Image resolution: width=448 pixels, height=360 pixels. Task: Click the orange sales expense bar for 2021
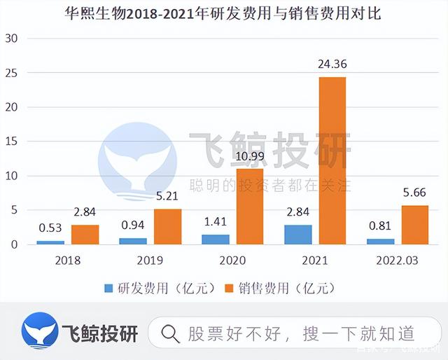(332, 160)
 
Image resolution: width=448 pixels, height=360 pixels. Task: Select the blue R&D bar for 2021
(298, 235)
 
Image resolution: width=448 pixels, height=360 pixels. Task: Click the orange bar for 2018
(85, 234)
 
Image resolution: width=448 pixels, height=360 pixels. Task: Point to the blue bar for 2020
(215, 240)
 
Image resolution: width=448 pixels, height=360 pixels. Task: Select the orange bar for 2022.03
(414, 225)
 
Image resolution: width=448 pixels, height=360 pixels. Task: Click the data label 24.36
(332, 65)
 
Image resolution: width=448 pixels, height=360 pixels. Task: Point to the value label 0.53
(50, 228)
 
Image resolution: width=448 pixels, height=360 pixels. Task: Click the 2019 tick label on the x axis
(150, 261)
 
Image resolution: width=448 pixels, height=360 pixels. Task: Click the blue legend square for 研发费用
(108, 288)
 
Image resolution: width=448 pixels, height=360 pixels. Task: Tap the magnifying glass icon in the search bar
(170, 333)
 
